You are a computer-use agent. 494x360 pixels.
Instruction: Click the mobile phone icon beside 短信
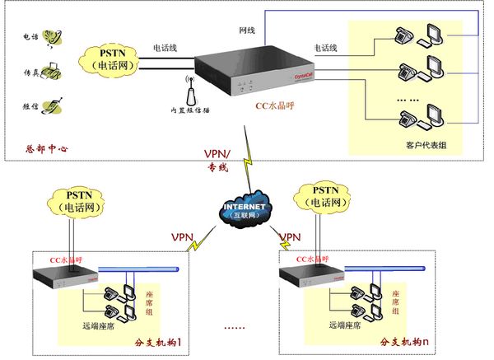point(53,105)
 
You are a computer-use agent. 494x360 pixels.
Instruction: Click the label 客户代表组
point(425,145)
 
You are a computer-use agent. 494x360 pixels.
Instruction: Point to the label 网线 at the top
point(248,30)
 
